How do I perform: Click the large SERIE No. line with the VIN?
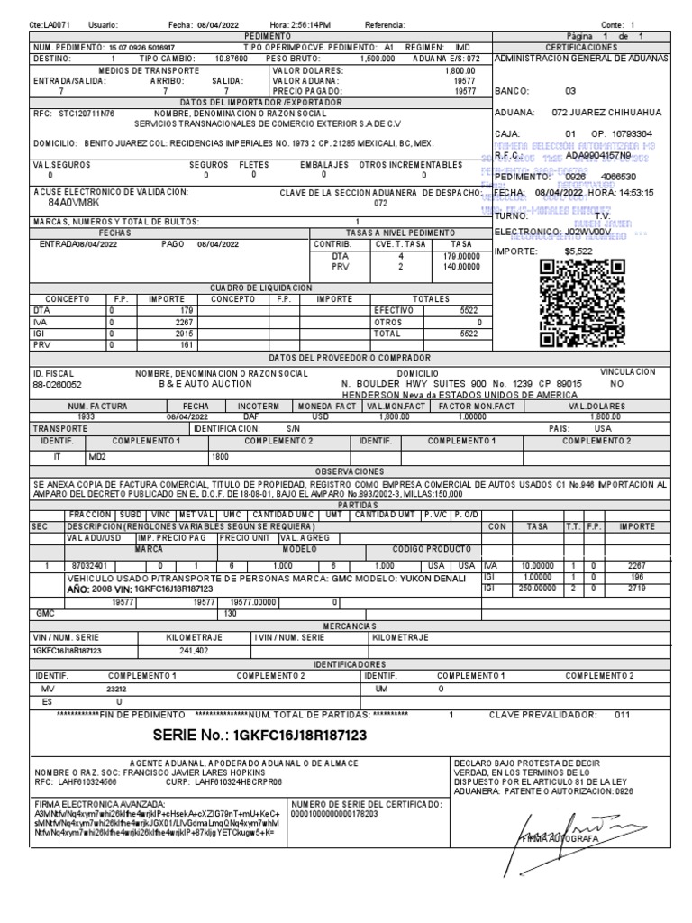[x=259, y=735]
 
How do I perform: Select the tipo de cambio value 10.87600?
[x=232, y=57]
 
